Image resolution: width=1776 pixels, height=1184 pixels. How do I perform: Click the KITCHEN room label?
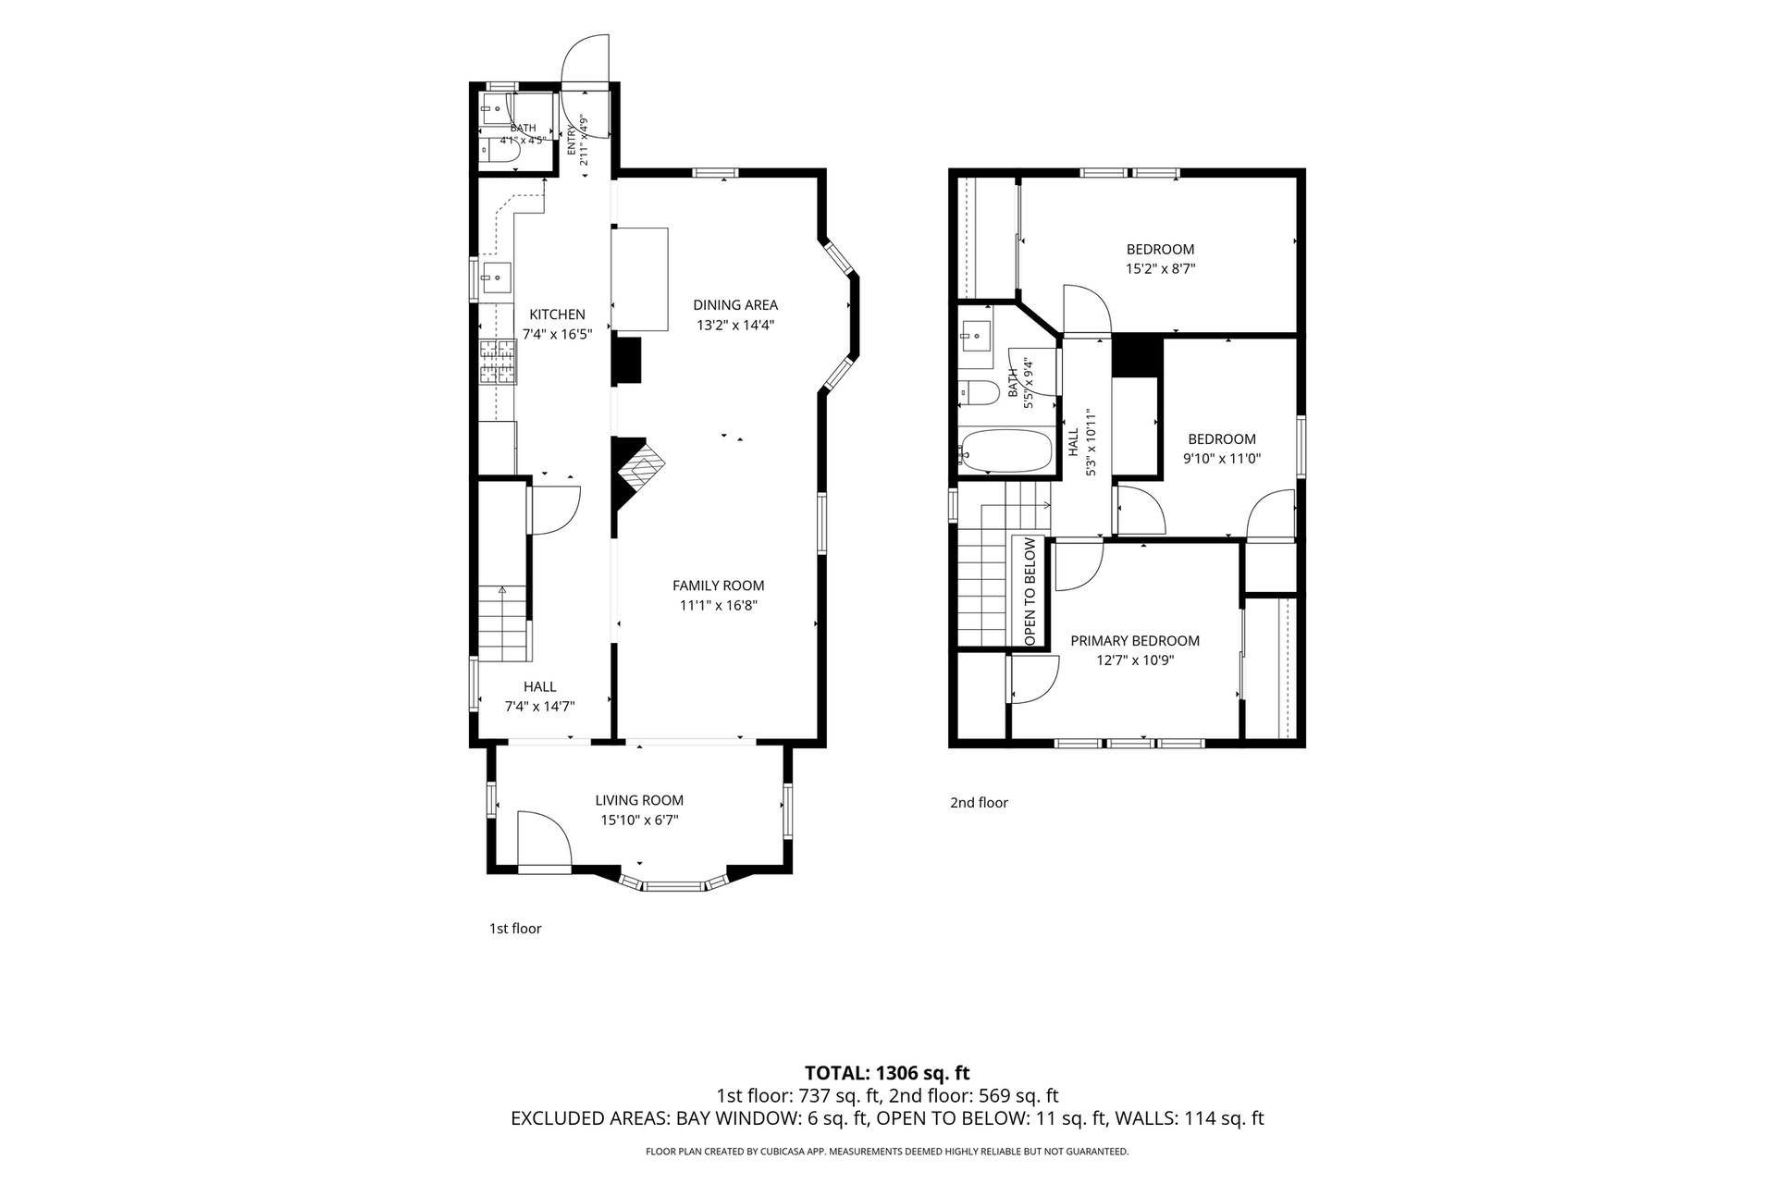click(557, 314)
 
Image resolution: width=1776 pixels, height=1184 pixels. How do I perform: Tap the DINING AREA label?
click(735, 305)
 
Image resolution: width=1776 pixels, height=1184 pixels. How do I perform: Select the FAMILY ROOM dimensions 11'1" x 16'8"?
click(719, 606)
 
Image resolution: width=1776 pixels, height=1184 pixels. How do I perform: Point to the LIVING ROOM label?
click(639, 801)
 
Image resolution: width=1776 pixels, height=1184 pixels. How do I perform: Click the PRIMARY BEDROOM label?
click(1135, 641)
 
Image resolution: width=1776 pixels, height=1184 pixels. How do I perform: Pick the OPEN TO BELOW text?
click(1030, 592)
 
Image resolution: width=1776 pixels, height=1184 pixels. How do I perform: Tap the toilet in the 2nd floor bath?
click(979, 393)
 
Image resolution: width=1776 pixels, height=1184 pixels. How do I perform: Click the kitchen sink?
click(496, 276)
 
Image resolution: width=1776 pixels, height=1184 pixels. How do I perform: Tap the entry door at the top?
click(586, 88)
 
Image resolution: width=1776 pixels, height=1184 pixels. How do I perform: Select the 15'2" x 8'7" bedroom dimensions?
click(1160, 269)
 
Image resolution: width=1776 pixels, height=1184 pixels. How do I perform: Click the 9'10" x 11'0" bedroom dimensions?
click(1222, 459)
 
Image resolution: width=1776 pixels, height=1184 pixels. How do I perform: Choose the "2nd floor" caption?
click(979, 803)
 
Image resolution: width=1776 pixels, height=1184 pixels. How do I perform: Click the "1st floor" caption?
click(515, 929)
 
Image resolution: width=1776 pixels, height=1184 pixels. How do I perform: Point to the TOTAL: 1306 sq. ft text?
click(887, 1073)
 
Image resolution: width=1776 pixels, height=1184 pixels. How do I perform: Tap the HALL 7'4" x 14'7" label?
click(539, 697)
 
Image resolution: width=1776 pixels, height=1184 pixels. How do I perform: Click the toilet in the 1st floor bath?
click(499, 154)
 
